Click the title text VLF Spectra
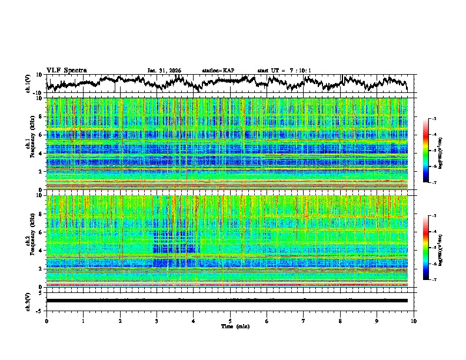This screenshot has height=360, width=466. point(66,70)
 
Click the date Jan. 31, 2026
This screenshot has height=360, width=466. point(164,71)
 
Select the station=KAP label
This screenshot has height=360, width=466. point(218,71)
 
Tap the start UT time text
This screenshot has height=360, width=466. point(284,71)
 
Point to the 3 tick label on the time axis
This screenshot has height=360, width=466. point(157,321)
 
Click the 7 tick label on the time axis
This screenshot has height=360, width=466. point(304,321)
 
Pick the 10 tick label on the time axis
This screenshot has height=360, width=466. point(414,321)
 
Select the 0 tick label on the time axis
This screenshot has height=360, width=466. point(46,321)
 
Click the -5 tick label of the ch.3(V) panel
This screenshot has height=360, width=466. point(40,309)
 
